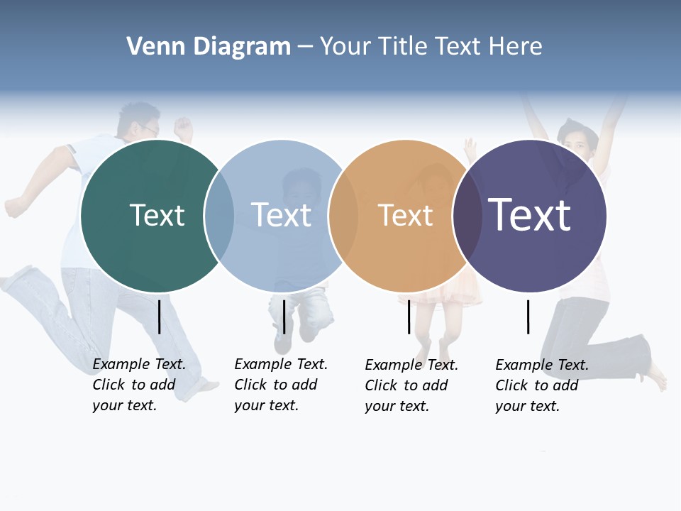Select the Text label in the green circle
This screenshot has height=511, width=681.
click(x=157, y=215)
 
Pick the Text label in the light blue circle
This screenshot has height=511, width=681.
click(x=281, y=215)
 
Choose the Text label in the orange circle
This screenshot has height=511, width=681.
click(x=405, y=215)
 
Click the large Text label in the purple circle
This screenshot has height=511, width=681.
click(x=529, y=215)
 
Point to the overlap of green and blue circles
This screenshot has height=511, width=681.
click(x=219, y=216)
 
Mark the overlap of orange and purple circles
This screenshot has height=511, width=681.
click(x=467, y=216)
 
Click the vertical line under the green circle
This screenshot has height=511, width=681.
click(x=159, y=317)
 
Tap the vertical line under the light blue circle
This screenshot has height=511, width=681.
click(x=284, y=317)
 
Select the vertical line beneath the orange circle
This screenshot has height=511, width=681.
click(x=409, y=317)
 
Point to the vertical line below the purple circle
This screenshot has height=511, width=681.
click(x=528, y=317)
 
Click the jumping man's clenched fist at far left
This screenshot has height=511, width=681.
click(x=13, y=207)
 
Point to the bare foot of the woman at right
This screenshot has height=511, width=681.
click(x=658, y=376)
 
